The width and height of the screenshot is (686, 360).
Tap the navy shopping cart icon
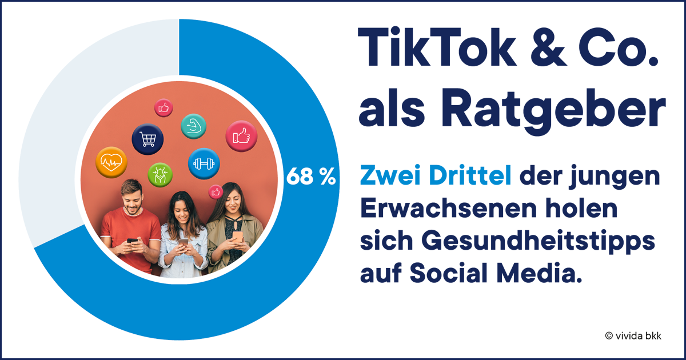coord(147,139)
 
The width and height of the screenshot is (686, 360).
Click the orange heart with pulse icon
coord(111,162)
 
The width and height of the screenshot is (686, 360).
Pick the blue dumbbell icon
coord(204,163)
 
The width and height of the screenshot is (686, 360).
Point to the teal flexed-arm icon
coord(193,125)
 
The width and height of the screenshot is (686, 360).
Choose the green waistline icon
coord(159,174)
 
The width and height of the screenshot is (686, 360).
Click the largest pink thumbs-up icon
coord(241,136)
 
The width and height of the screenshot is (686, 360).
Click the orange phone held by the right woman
coord(237,235)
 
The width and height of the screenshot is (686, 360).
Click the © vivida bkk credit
coord(633,336)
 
